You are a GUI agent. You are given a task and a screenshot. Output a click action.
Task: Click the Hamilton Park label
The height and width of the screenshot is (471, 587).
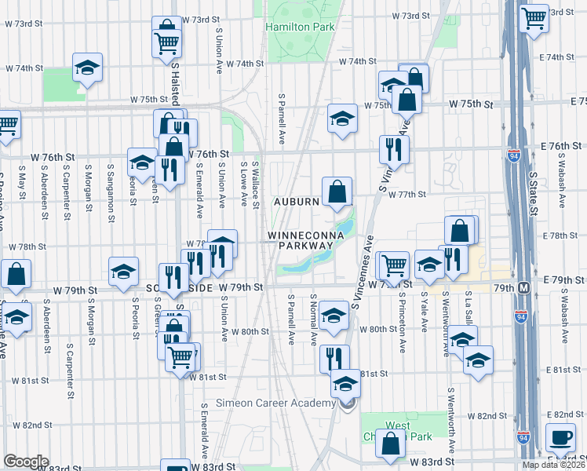301,27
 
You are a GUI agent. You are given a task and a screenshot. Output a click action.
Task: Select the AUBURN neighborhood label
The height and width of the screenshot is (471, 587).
296,202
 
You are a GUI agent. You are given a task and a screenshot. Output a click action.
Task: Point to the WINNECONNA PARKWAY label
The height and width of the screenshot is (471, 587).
301,240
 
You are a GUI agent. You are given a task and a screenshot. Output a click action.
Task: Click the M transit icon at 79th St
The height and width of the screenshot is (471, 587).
523,288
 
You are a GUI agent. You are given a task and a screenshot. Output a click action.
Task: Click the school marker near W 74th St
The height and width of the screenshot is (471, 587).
88,68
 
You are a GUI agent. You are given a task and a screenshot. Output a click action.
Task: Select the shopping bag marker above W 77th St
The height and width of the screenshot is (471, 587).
337,191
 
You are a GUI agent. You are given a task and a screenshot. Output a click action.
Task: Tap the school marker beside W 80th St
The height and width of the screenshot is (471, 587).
334,316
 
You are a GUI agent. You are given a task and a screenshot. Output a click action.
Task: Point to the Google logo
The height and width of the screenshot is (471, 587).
26,462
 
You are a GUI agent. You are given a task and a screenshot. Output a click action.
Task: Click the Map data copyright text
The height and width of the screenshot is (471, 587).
553,465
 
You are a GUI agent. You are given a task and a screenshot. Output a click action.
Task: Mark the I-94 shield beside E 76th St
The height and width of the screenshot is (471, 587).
514,155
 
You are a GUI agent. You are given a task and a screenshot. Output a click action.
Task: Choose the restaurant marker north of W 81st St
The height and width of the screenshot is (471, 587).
334,358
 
